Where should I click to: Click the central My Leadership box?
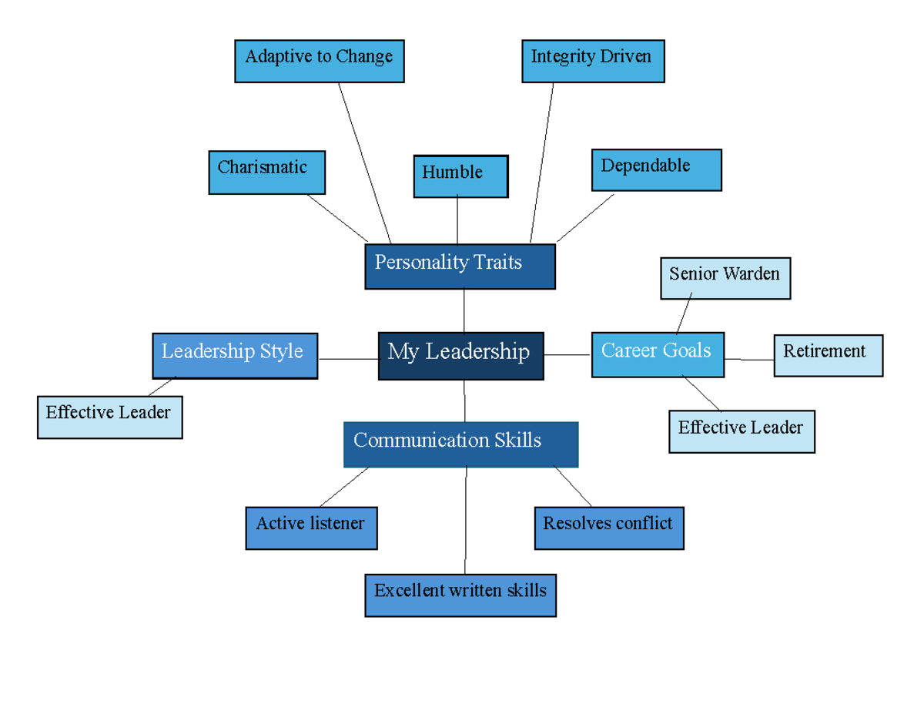pos(460,356)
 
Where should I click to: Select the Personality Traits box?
pos(460,266)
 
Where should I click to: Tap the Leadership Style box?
pos(235,355)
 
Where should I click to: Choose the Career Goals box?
pos(658,354)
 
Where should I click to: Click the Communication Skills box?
pos(460,444)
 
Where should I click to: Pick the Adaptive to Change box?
pos(319,62)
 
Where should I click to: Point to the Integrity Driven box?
pos(593,62)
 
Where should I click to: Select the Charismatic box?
pos(266,172)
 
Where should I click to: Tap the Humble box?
pos(460,176)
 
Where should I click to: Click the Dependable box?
pos(656,169)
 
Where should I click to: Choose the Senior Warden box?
pos(725,278)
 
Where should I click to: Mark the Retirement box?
pos(828,355)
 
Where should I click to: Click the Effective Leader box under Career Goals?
pos(742,431)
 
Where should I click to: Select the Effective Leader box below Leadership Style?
pos(109,417)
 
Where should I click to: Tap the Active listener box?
pos(311,528)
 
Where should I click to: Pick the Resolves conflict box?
pos(608,528)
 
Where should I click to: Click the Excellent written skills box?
pos(460,595)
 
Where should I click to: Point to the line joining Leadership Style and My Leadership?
pos(348,359)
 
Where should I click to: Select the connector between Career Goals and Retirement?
pos(749,360)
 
